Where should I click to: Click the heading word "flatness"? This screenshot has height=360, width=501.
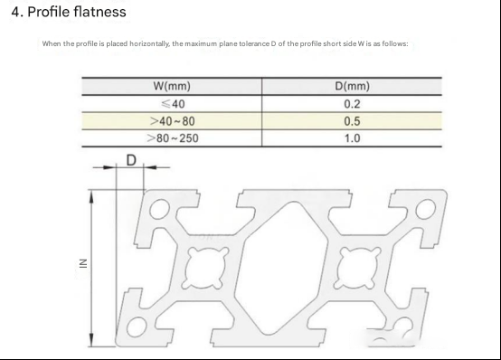99,12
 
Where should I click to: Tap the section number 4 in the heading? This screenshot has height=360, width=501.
15,12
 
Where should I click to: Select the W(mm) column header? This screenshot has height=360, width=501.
172,86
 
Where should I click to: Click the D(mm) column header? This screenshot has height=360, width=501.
352,86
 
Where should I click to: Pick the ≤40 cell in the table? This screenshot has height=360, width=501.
173,104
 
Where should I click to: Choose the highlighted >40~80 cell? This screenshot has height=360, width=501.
173,121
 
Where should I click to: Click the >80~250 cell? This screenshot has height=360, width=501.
173,138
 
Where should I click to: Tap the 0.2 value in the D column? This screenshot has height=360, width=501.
352,104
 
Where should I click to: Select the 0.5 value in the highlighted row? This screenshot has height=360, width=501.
352,121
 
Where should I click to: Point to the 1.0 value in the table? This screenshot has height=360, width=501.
352,138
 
